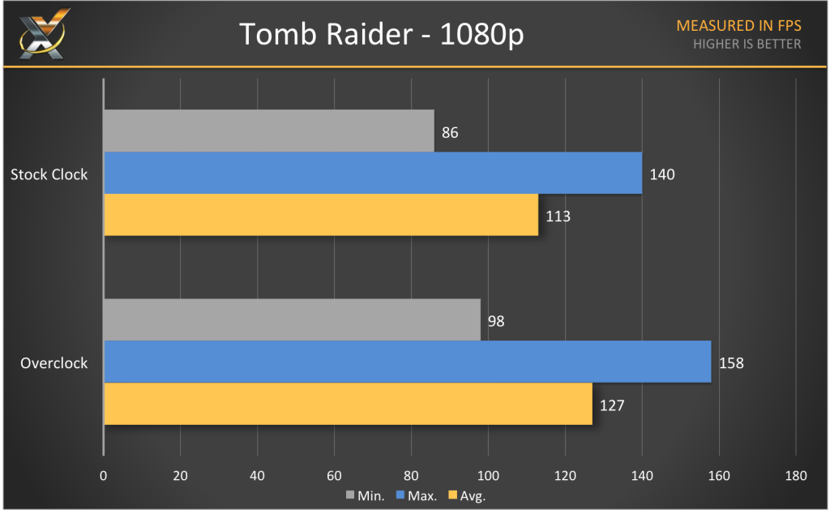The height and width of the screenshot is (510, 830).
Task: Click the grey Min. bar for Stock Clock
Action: click(269, 131)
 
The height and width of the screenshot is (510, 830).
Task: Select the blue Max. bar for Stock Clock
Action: click(373, 173)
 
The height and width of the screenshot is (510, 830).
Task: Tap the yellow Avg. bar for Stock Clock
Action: click(321, 215)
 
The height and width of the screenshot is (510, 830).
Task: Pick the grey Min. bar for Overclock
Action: click(292, 319)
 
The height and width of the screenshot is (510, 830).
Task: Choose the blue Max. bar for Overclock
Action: click(408, 362)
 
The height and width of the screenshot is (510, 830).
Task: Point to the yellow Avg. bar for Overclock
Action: click(348, 404)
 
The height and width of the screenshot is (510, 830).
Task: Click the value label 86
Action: click(451, 132)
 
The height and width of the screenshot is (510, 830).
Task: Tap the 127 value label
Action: click(612, 405)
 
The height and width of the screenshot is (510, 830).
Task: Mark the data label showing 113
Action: click(558, 216)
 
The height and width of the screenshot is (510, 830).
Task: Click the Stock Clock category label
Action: click(49, 174)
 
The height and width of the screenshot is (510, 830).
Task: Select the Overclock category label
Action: click(53, 362)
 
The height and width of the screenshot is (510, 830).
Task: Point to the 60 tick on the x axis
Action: click(334, 475)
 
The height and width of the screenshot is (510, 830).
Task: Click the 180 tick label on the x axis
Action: click(795, 475)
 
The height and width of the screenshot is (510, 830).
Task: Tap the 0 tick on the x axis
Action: click(104, 475)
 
